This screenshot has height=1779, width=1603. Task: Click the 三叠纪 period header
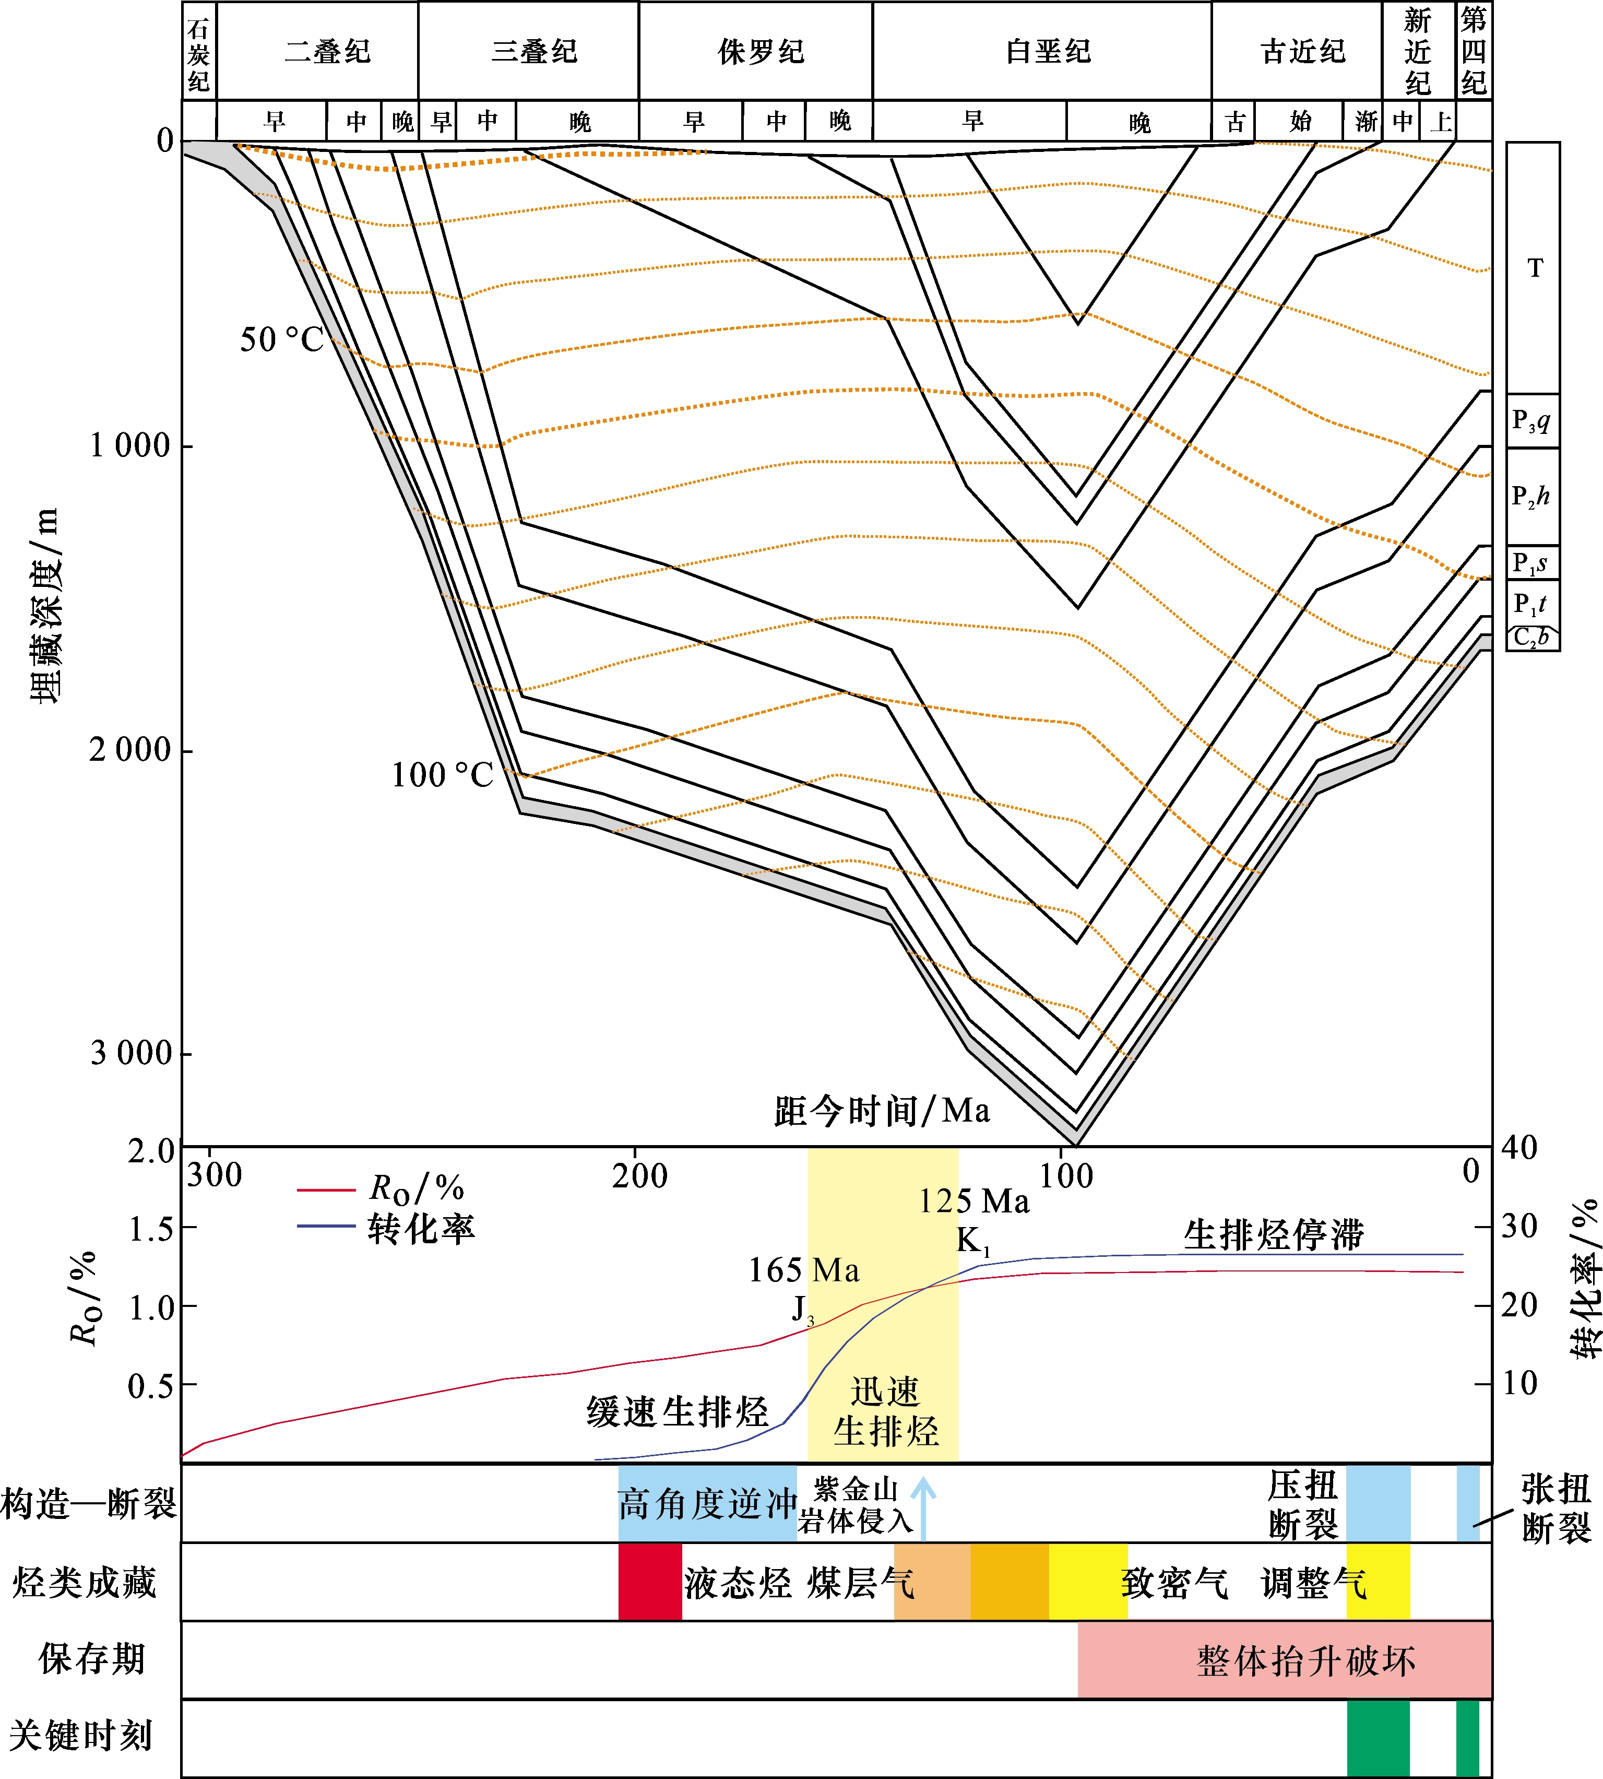534,51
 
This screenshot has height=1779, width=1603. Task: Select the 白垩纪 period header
1048,51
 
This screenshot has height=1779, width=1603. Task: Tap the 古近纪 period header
1303,51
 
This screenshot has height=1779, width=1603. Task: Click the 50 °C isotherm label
282,340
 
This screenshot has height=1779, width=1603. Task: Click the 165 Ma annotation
803,1270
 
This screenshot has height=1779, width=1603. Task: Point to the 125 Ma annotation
973,1201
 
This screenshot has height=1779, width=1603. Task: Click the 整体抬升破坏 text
1305,1661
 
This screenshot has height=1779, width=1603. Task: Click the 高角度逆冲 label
707,1504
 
